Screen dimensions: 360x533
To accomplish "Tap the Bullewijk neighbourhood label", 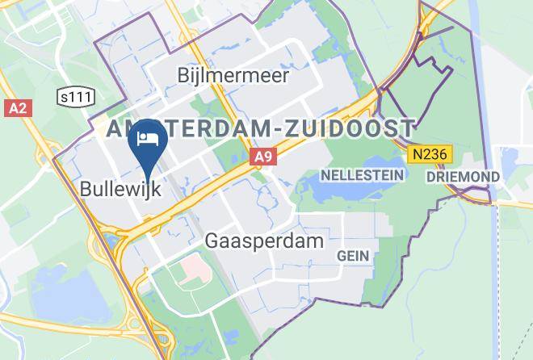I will (x=120, y=190).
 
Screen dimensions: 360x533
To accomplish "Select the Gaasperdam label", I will (x=253, y=241).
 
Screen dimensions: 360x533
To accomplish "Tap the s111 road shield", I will (x=77, y=97).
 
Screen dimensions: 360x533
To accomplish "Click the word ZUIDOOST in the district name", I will (x=357, y=128).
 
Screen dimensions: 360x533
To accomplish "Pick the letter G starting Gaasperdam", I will (x=212, y=241).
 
